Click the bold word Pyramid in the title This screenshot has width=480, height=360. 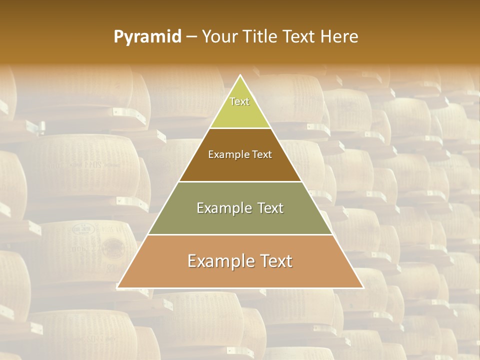point(147,37)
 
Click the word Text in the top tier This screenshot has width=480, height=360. point(239,101)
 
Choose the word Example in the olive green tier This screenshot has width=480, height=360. point(223,208)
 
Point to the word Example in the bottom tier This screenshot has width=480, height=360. point(219,261)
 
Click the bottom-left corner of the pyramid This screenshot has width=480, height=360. point(117,287)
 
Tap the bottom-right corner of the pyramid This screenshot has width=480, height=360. point(363,287)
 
